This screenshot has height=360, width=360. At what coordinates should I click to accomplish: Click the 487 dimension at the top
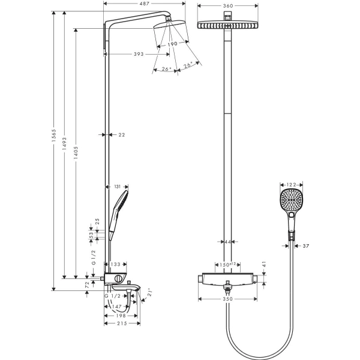[x=145, y=4]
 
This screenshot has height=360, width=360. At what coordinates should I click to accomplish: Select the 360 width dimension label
[x=228, y=6]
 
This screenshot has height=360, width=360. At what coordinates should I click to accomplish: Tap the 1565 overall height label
[x=54, y=136]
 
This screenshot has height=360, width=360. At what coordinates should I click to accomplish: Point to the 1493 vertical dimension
[x=65, y=144]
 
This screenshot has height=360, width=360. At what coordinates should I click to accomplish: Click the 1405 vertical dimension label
[x=76, y=152]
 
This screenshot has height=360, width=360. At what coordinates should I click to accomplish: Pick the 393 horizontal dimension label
[x=139, y=54]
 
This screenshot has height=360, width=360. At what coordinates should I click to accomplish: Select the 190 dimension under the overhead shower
[x=172, y=44]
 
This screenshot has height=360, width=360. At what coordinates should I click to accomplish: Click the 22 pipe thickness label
[x=122, y=135]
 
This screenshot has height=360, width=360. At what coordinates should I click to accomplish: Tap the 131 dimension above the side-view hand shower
[x=117, y=187]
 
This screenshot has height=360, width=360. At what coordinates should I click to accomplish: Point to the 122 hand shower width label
[x=292, y=185]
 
